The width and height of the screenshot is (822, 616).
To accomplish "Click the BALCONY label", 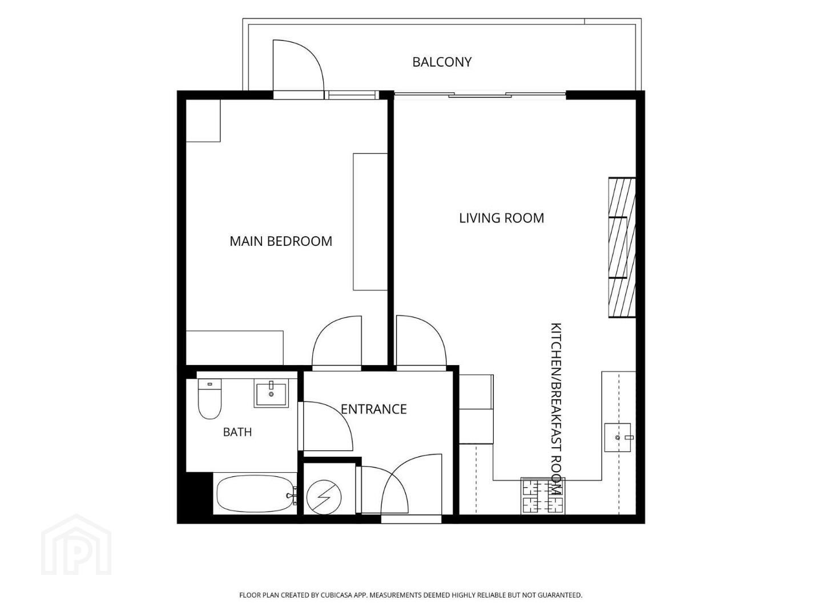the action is point(441,62).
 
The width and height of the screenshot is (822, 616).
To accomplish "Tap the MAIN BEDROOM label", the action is point(281,241).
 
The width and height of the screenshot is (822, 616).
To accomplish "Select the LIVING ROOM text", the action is point(501,218).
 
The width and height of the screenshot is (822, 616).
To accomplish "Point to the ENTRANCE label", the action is point(374,409).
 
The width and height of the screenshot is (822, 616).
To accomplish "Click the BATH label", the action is point(237,432).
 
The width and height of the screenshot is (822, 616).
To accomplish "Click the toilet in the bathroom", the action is point(209,399).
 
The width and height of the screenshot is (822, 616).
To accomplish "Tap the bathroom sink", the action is point(272,393).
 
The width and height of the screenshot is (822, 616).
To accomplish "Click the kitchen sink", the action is point(618,437).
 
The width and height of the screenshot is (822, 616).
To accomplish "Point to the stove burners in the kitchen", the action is point(543,496).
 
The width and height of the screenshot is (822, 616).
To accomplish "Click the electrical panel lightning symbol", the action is point(324,497).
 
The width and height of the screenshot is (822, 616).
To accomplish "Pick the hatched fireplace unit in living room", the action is point(622,248).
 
